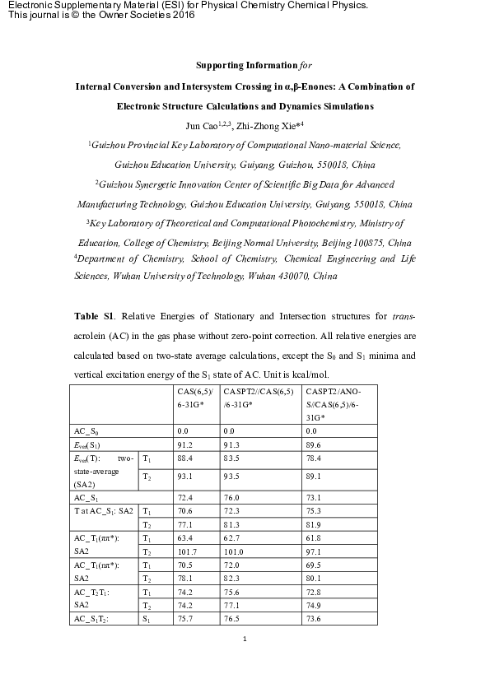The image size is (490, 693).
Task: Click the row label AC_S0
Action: pyautogui.click(x=88, y=430)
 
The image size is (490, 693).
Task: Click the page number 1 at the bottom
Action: pyautogui.click(x=245, y=638)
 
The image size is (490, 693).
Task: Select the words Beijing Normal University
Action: pyautogui.click(x=268, y=243)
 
